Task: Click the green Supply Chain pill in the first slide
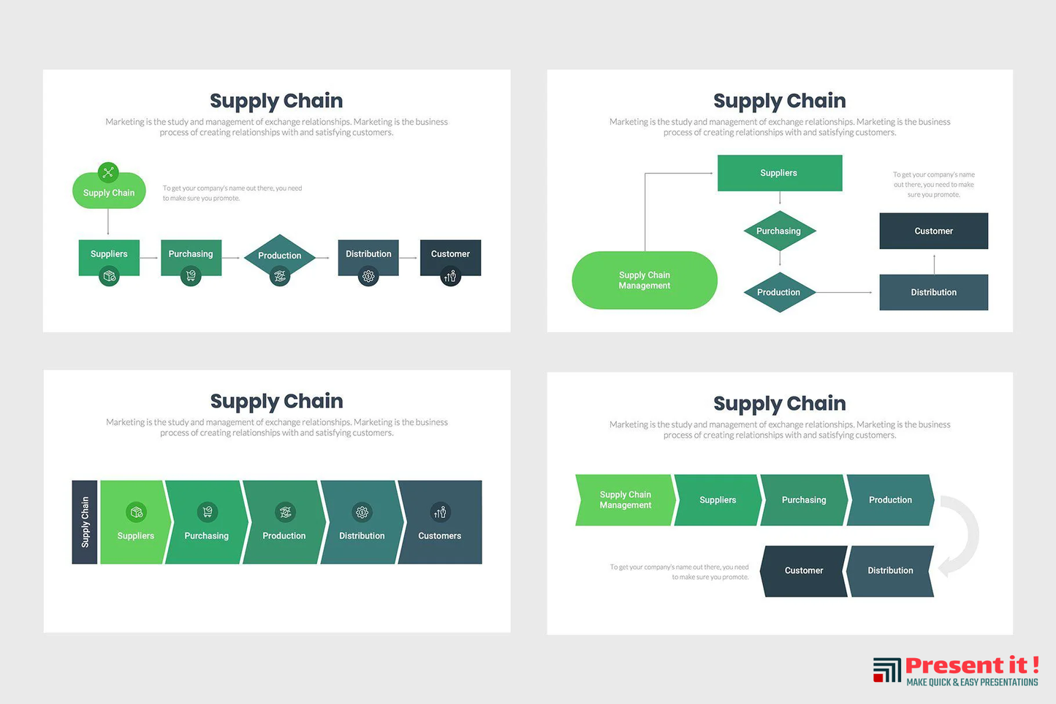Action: (x=109, y=193)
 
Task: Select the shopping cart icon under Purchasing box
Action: (x=191, y=276)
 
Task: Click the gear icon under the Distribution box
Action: (x=368, y=277)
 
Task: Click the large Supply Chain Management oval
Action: (x=644, y=280)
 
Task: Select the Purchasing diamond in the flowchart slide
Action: (x=779, y=231)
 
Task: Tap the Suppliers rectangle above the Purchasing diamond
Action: (x=779, y=173)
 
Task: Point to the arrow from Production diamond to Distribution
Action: (x=844, y=292)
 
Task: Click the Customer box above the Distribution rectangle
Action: (x=933, y=231)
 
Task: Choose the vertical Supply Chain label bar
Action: (x=85, y=522)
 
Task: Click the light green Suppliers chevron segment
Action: (x=136, y=522)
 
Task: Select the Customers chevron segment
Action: (x=440, y=522)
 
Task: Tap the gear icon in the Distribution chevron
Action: (x=362, y=512)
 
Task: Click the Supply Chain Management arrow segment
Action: (x=625, y=500)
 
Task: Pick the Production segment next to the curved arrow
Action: (x=889, y=500)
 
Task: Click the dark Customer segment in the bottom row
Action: (x=803, y=571)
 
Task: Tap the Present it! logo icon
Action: (x=887, y=670)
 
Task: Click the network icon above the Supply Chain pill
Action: (x=108, y=172)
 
